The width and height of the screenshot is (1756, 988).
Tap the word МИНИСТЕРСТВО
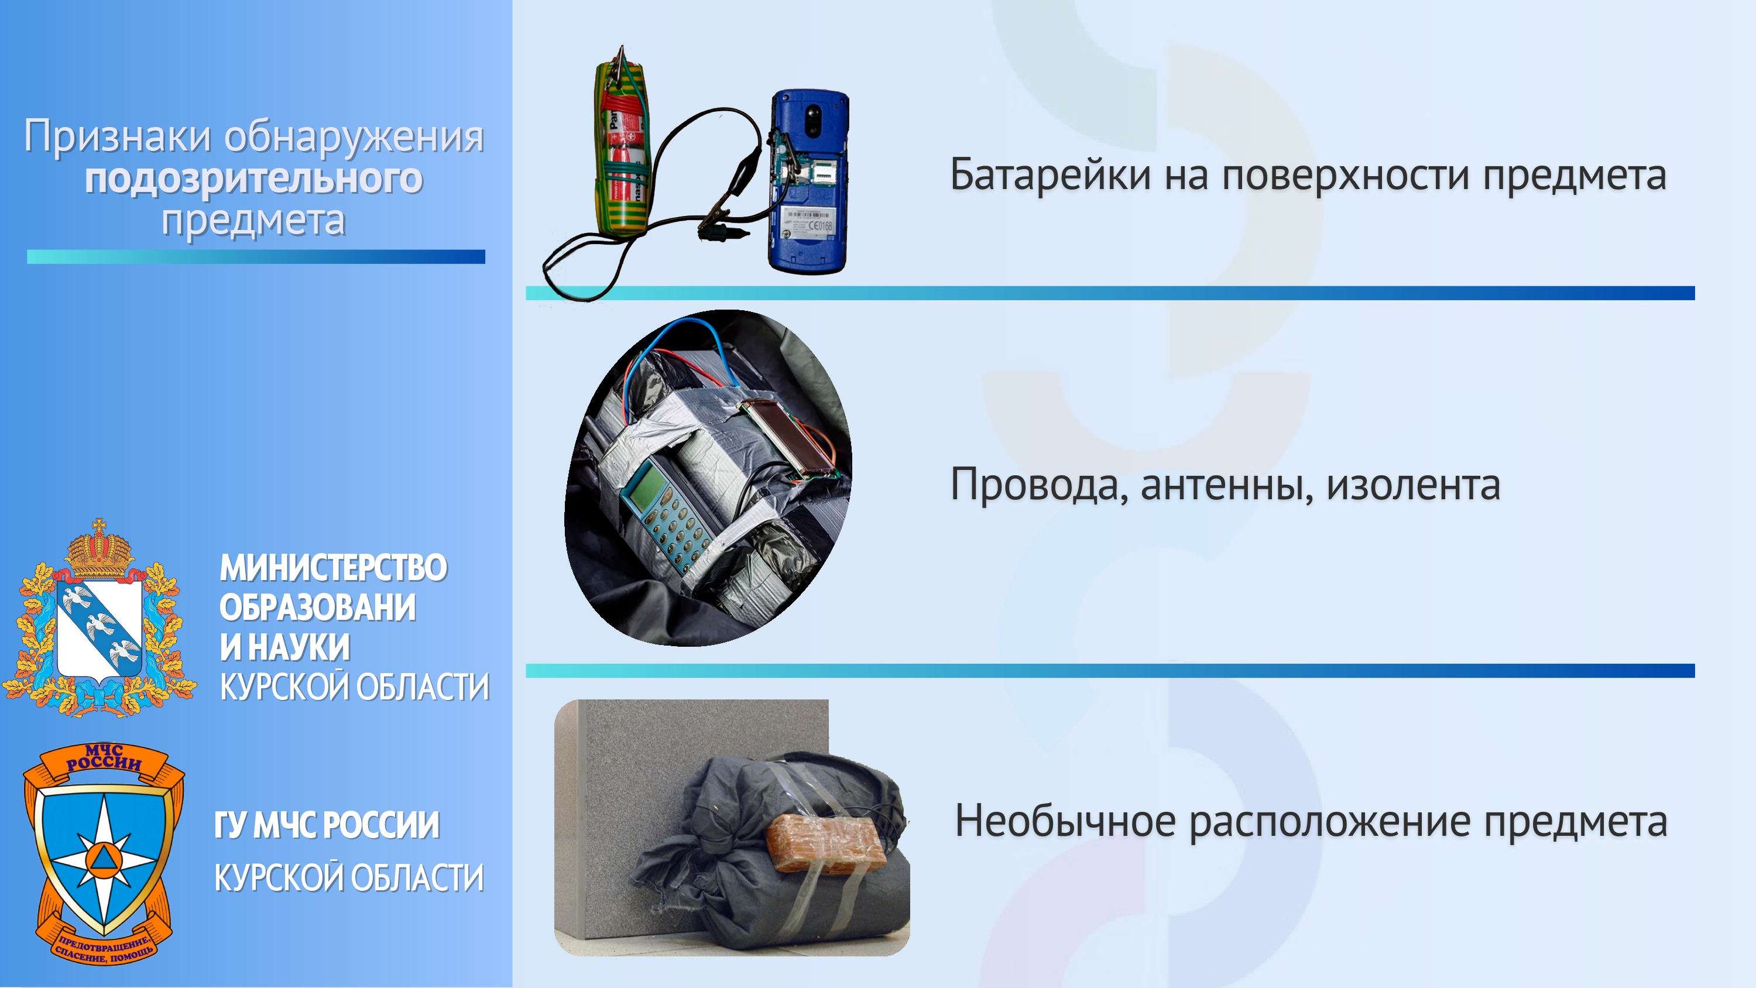pos(333,568)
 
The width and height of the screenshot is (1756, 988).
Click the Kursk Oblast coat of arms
pos(100,619)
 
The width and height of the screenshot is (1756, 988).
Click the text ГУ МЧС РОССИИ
pos(327,825)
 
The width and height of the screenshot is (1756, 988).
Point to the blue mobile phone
pos(808,182)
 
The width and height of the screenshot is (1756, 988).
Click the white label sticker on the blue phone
pos(807,222)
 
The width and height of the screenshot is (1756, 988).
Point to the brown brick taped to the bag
pos(825,843)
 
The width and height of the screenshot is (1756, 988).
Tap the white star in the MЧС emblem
pos(103,860)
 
